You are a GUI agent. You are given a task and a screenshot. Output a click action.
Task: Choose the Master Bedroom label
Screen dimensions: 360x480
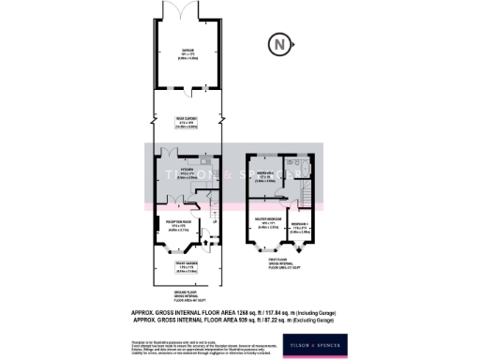pyautogui.click(x=268, y=224)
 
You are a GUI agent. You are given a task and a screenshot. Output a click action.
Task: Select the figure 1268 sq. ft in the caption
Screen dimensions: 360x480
pyautogui.click(x=287, y=314)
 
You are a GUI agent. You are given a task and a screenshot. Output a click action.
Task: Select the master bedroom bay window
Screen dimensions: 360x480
pyautogui.click(x=259, y=250)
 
